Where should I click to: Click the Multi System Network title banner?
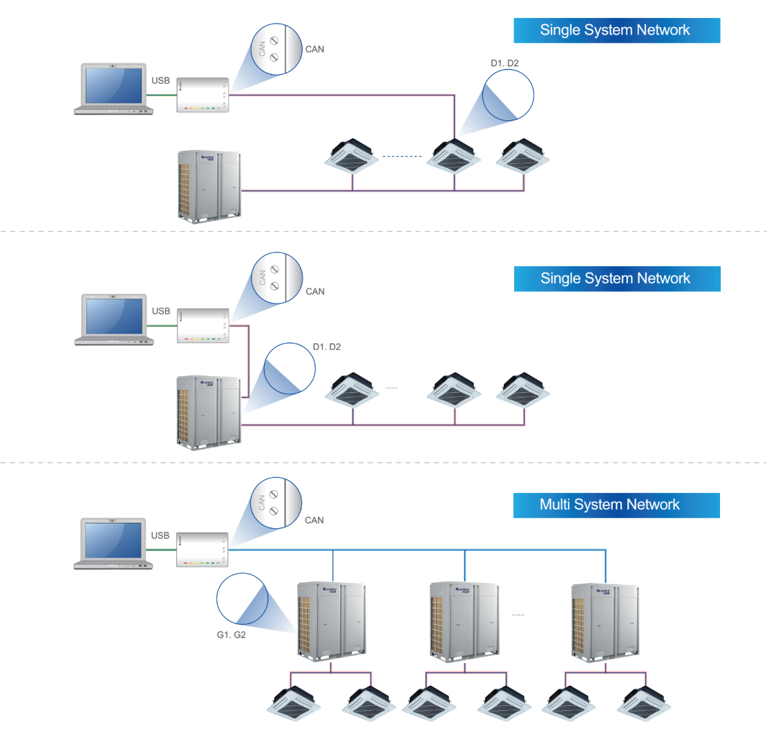click(x=616, y=505)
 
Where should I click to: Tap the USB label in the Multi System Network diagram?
click(x=160, y=535)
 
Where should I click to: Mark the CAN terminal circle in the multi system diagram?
click(x=276, y=503)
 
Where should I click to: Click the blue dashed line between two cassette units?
click(x=401, y=156)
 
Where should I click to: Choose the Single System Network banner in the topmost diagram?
click(x=616, y=30)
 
